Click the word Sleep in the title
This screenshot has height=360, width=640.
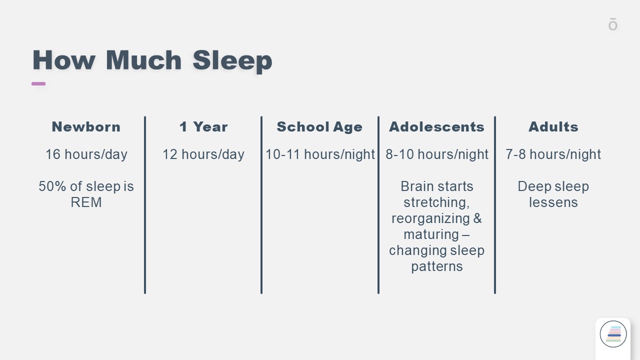[x=232, y=60]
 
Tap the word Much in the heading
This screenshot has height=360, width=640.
[x=143, y=60]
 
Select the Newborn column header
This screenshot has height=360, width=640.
[x=86, y=127]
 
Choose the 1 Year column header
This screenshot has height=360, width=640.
[x=203, y=127]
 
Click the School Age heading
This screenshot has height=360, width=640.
[x=319, y=127]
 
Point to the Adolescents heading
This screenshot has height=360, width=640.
[x=437, y=127]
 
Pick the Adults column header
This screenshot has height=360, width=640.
[x=553, y=127]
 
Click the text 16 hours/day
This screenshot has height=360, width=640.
[x=86, y=154]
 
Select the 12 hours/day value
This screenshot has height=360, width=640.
[x=203, y=154]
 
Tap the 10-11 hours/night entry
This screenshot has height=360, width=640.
[x=320, y=154]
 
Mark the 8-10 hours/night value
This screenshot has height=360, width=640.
[x=437, y=154]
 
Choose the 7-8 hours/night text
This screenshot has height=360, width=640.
[x=553, y=154]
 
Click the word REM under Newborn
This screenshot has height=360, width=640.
[x=86, y=202]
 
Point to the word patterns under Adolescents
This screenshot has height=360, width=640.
[x=437, y=267]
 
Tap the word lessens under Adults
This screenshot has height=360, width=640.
[x=553, y=202]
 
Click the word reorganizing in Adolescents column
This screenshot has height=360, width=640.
[x=430, y=219]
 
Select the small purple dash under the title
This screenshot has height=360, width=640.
[x=38, y=83]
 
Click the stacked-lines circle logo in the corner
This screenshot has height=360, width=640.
[x=613, y=334]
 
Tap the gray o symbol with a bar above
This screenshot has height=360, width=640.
[x=613, y=24]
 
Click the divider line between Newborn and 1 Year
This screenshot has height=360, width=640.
[x=145, y=205]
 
